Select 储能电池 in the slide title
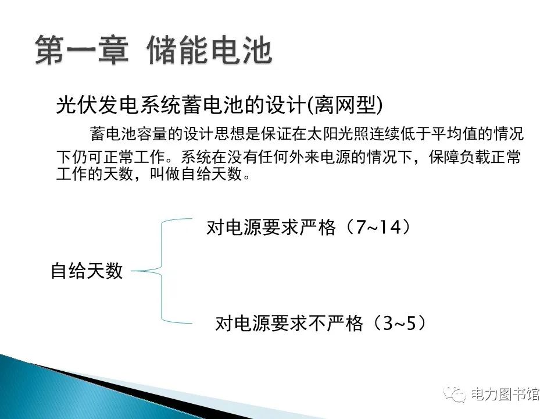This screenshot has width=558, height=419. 210,51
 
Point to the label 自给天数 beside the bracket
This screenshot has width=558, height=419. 87,271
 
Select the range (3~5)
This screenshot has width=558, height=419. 398,323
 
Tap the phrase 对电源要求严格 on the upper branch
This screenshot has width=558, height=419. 271,228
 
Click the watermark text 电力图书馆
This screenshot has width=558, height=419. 505,394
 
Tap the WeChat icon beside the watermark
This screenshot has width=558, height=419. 455,394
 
